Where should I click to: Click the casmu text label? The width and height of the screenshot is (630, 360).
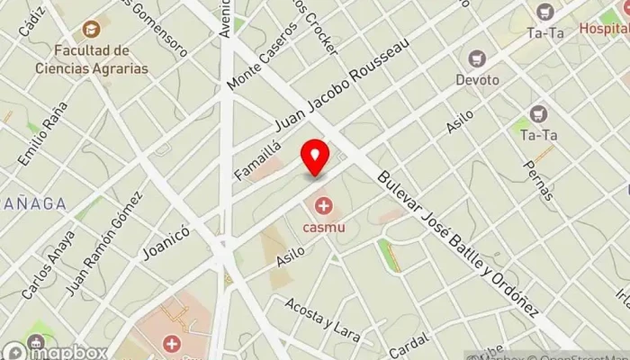click(x=323, y=227)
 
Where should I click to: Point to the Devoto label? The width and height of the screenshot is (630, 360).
click(x=477, y=80)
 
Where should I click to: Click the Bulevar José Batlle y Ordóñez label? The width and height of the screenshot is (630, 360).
click(x=459, y=243)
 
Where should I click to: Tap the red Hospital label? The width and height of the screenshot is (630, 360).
click(x=604, y=28)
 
